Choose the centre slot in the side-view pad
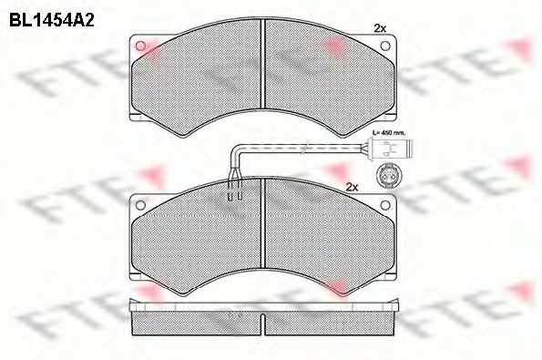coord(262,320)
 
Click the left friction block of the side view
coord(196,320)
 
